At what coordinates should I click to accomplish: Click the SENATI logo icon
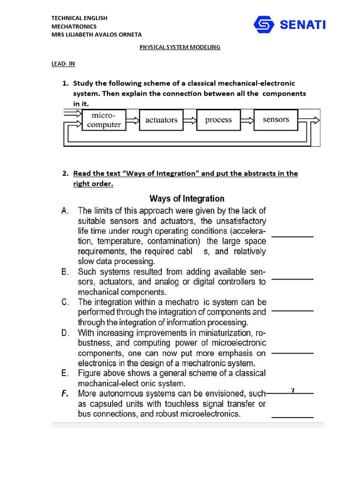[264, 24]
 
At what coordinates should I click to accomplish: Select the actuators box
[161, 120]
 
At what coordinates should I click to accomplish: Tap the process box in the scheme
[218, 120]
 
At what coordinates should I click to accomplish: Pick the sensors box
[276, 120]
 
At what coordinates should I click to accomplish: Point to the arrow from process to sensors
[247, 120]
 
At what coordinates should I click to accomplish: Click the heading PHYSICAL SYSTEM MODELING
[180, 47]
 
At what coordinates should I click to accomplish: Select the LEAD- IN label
[63, 64]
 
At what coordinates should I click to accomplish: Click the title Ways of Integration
[187, 199]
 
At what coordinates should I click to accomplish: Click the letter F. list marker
[66, 394]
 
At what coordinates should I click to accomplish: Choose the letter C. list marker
[66, 302]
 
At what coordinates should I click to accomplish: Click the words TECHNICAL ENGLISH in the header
[79, 18]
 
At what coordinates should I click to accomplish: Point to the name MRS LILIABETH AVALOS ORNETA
[96, 34]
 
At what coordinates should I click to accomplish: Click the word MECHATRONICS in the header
[74, 26]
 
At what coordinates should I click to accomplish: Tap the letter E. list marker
[66, 374]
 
